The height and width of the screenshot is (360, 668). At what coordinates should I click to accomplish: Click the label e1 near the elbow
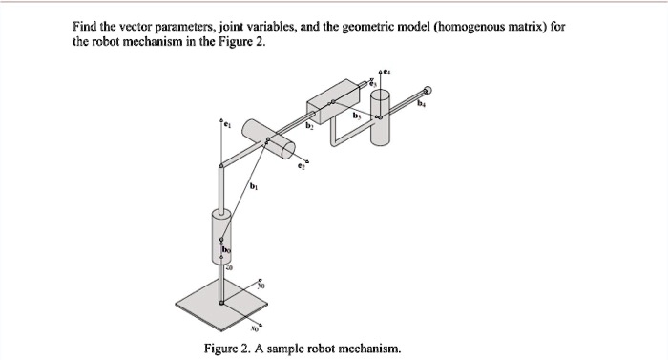228,123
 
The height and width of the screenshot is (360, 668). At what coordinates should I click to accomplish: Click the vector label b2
309,125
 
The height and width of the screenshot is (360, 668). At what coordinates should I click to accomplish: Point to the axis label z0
228,269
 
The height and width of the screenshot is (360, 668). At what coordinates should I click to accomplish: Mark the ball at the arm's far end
427,84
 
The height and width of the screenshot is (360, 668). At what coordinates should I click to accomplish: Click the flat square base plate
221,306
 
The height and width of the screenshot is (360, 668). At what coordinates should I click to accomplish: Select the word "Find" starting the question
87,28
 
